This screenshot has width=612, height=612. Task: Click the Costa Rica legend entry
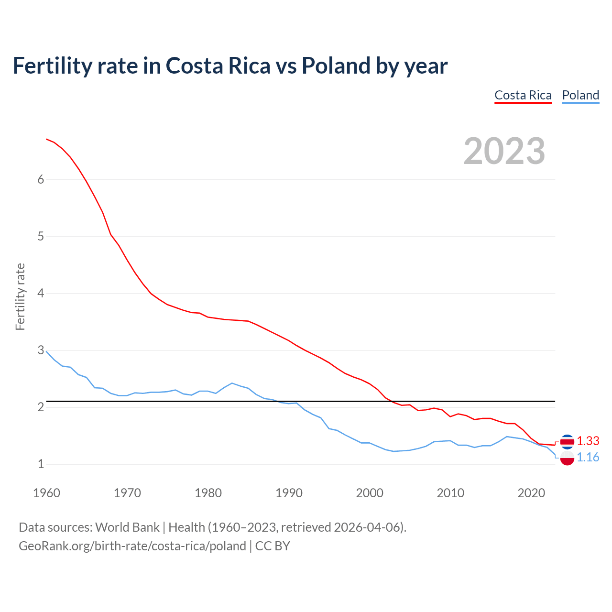pos(523,95)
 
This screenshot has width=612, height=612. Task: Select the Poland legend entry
pos(580,95)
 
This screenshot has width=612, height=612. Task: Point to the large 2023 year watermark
pos(504,151)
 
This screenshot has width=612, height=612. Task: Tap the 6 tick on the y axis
pos(41,179)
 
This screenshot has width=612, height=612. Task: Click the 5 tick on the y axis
pos(41,236)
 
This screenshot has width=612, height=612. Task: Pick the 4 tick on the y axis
pos(41,293)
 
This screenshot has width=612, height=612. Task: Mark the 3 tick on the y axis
pos(41,350)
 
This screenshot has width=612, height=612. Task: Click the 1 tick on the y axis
pos(41,464)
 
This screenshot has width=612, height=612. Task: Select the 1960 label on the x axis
pos(46,493)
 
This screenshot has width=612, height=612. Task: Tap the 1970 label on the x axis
pos(127,493)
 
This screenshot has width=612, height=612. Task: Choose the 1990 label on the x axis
pos(289,493)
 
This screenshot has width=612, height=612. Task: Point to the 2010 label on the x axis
pos(450,493)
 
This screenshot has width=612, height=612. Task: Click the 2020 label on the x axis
pos(531,493)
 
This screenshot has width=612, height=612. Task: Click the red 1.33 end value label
pos(588,441)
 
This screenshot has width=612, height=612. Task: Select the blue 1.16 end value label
pos(588,458)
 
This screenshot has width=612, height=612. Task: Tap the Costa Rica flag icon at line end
pos(567,441)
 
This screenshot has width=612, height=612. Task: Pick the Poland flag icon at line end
pos(567,459)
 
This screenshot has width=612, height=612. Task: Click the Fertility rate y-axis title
pos(20,296)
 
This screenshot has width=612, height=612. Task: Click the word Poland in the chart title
pos(336,66)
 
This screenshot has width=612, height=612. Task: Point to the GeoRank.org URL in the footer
pos(132,546)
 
